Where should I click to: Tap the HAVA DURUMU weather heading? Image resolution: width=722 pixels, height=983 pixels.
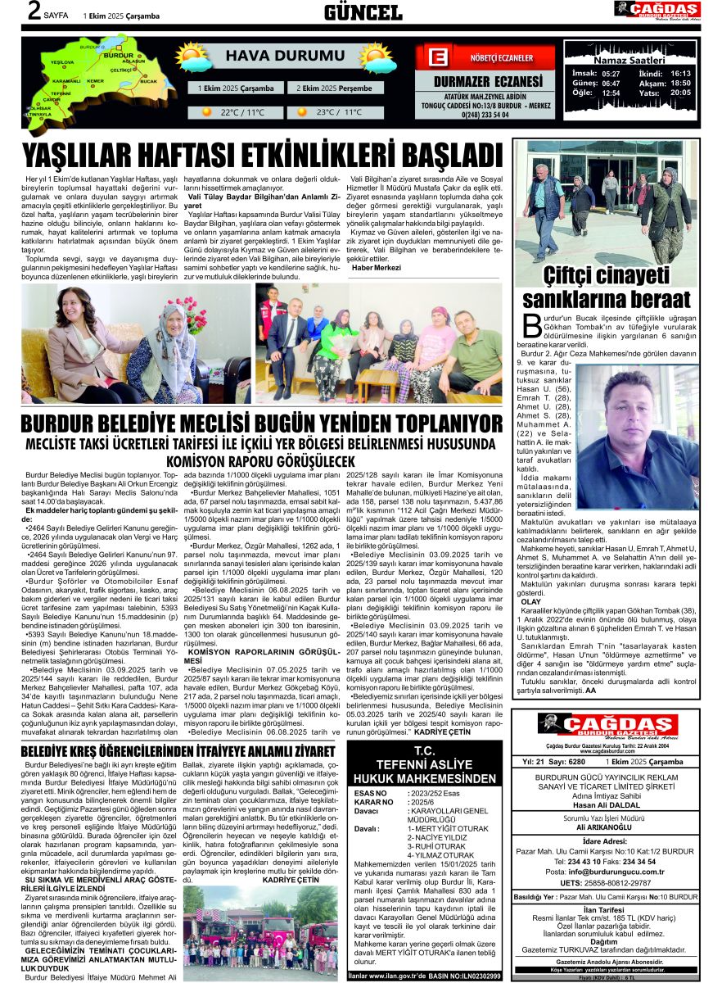[273, 56]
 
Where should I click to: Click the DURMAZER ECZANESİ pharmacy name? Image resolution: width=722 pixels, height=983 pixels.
[478, 81]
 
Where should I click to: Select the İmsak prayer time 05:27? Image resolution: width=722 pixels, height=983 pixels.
[611, 73]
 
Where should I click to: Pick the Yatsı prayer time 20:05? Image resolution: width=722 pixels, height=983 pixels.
[680, 93]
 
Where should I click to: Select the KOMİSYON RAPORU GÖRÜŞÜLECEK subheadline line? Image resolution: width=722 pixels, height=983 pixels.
[261, 461]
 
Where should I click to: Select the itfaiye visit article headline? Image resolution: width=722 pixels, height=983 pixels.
[178, 750]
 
